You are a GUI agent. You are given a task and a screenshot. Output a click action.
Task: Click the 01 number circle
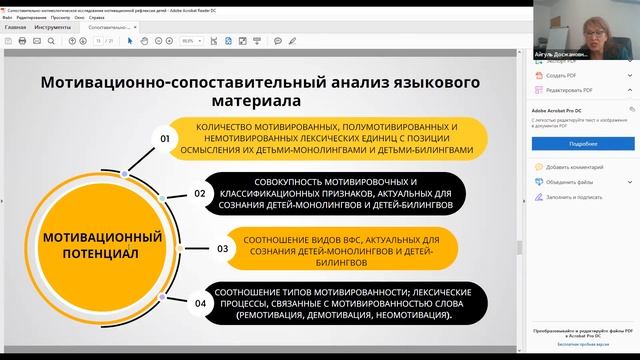(166, 138)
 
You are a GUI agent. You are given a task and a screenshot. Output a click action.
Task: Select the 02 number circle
(200, 193)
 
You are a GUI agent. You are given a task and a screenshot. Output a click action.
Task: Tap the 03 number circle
(222, 248)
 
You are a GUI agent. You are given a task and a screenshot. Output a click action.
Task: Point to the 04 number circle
(200, 302)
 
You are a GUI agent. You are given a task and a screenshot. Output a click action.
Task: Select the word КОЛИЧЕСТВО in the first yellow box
(232, 129)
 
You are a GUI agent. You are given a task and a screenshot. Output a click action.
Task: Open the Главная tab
(15, 27)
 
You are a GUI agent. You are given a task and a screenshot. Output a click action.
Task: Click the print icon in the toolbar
(43, 41)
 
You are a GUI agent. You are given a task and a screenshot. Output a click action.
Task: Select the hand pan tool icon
(144, 41)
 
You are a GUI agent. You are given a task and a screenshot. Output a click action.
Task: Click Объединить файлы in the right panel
(571, 182)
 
